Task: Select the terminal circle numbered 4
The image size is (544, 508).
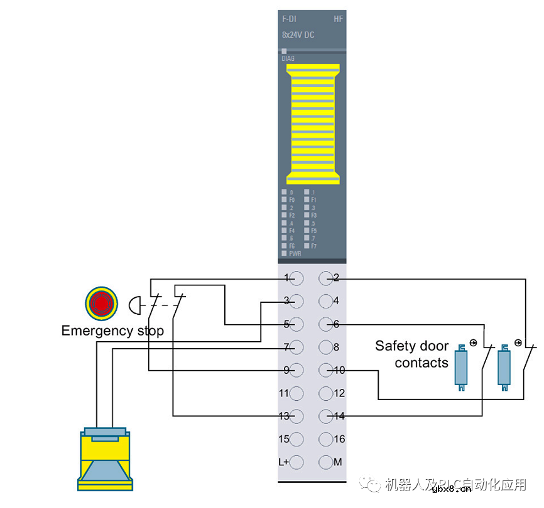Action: pos(325,301)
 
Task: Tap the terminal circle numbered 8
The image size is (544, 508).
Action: pos(325,347)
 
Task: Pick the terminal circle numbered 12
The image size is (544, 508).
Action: pos(325,393)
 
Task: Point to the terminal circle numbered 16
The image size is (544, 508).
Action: pos(325,439)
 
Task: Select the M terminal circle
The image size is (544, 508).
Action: pos(325,462)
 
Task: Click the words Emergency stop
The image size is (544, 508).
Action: pos(112,331)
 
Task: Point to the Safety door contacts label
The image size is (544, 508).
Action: pos(412,354)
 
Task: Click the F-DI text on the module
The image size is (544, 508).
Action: pos(289,19)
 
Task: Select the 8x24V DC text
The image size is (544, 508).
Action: pos(298,35)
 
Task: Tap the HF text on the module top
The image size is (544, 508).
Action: pos(338,19)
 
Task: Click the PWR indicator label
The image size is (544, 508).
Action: pos(295,254)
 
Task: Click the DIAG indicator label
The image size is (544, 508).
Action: pos(288,58)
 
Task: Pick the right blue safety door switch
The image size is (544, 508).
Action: pos(504,366)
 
